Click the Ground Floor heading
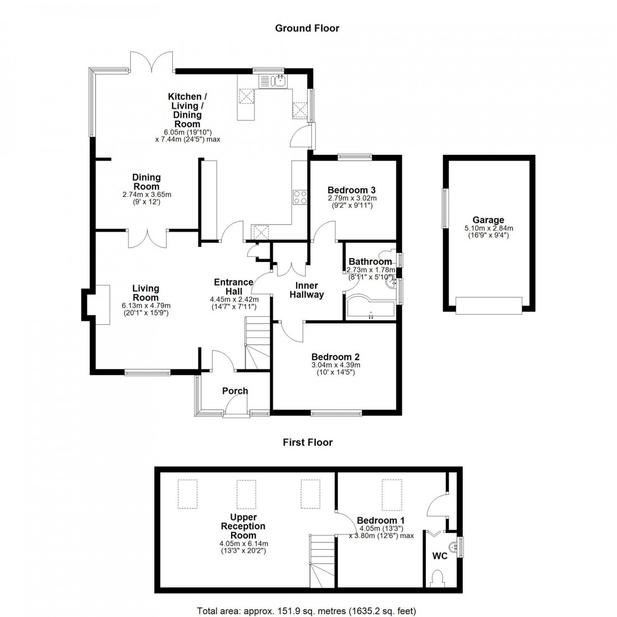tap(307, 28)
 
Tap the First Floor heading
tap(307, 443)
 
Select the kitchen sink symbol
tap(273, 81)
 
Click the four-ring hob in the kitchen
tap(300, 197)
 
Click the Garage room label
tap(488, 220)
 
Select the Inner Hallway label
tap(306, 290)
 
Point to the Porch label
tap(235, 391)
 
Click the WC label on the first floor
tap(440, 557)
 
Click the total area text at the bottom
tap(307, 610)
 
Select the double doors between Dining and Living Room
tap(148, 236)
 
